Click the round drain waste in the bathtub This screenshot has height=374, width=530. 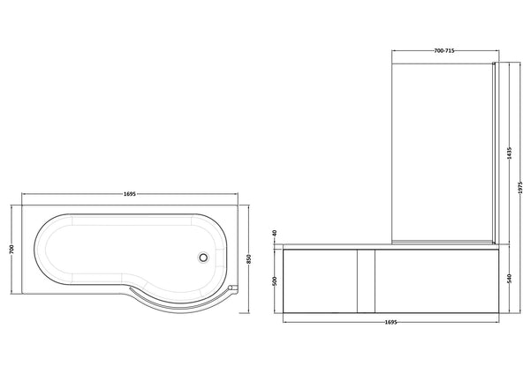pyautogui.click(x=205, y=258)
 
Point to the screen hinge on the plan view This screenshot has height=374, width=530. pyautogui.click(x=231, y=288)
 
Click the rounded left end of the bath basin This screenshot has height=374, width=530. pyautogui.click(x=44, y=251)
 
